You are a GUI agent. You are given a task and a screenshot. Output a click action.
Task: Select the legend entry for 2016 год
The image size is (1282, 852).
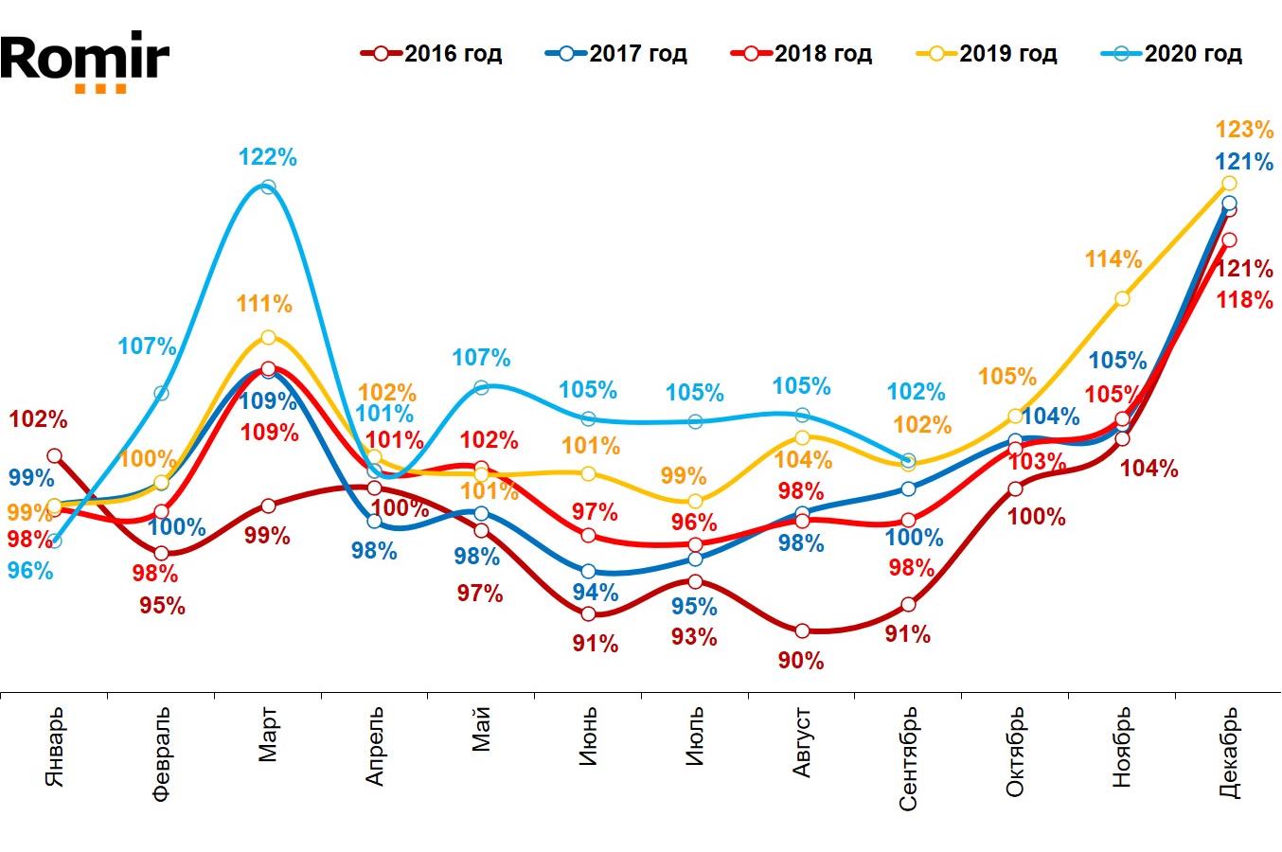pos(433,54)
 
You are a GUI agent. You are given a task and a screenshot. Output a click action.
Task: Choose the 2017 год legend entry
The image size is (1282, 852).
pos(617,54)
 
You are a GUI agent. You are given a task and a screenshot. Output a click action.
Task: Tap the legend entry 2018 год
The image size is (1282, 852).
pos(802,54)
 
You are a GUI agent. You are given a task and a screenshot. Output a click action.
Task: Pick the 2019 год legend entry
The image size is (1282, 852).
pos(988,54)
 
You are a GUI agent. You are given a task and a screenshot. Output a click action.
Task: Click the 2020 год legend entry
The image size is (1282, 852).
pos(1172,54)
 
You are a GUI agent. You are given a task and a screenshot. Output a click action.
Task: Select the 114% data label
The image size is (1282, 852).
pos(1113,258)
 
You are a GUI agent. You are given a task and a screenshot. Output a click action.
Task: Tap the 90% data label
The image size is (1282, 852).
pos(801,661)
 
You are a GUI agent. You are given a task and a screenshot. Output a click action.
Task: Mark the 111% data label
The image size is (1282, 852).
pos(265,304)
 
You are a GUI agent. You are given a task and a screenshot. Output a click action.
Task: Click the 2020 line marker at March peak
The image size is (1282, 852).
pos(268,187)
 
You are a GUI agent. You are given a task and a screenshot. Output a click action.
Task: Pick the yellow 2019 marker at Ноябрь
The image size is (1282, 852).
pos(1122,299)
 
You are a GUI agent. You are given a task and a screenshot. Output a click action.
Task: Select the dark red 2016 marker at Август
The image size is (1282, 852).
pos(802,630)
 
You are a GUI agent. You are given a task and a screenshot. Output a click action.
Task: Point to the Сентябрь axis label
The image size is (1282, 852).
pos(908,757)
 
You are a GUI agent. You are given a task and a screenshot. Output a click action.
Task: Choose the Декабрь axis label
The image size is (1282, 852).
pos(1229,754)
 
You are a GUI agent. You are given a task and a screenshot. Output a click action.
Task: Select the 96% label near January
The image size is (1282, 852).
pos(30,571)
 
